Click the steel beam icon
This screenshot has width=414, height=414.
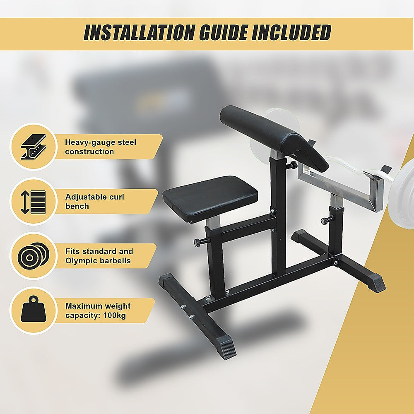pyautogui.click(x=33, y=147)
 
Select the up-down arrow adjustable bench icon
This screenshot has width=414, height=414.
pyautogui.click(x=33, y=202)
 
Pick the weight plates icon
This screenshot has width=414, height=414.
pyautogui.click(x=33, y=256)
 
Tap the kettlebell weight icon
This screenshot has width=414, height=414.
pyautogui.click(x=33, y=311)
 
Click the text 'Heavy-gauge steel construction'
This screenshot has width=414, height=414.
pyautogui.click(x=101, y=147)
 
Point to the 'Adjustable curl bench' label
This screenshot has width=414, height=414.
pyautogui.click(x=94, y=202)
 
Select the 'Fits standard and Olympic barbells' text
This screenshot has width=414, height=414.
pyautogui.click(x=99, y=256)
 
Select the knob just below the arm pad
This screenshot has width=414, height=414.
pyautogui.click(x=294, y=165)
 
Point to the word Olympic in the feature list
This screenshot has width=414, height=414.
pyautogui.click(x=81, y=261)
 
